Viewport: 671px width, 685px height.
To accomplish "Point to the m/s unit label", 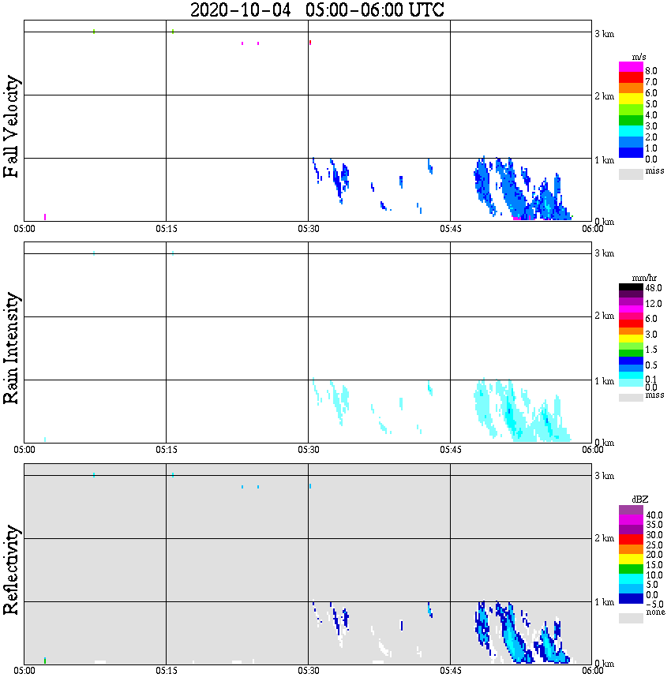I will pos(639,58).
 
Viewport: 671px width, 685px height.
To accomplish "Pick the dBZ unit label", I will pos(640,500).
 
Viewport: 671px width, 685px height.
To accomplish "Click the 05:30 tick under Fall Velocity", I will pos(308,229).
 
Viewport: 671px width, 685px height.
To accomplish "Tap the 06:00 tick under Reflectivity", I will pos(592,671).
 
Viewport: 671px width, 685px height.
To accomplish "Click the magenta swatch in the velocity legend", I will pos(630,66).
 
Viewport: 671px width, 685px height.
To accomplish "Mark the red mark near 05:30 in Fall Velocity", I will pos(310,42).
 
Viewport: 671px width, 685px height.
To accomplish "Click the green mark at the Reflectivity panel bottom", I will pos(45,660).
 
